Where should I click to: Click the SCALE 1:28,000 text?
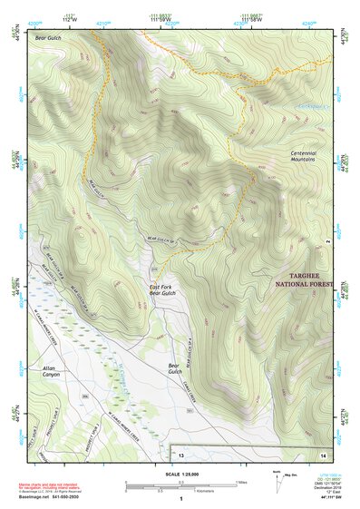pyautogui.click(x=180, y=475)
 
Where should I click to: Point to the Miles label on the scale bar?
pyautogui.click(x=240, y=482)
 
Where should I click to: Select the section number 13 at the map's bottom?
pyautogui.click(x=180, y=452)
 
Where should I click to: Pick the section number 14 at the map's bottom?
pyautogui.click(x=324, y=452)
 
